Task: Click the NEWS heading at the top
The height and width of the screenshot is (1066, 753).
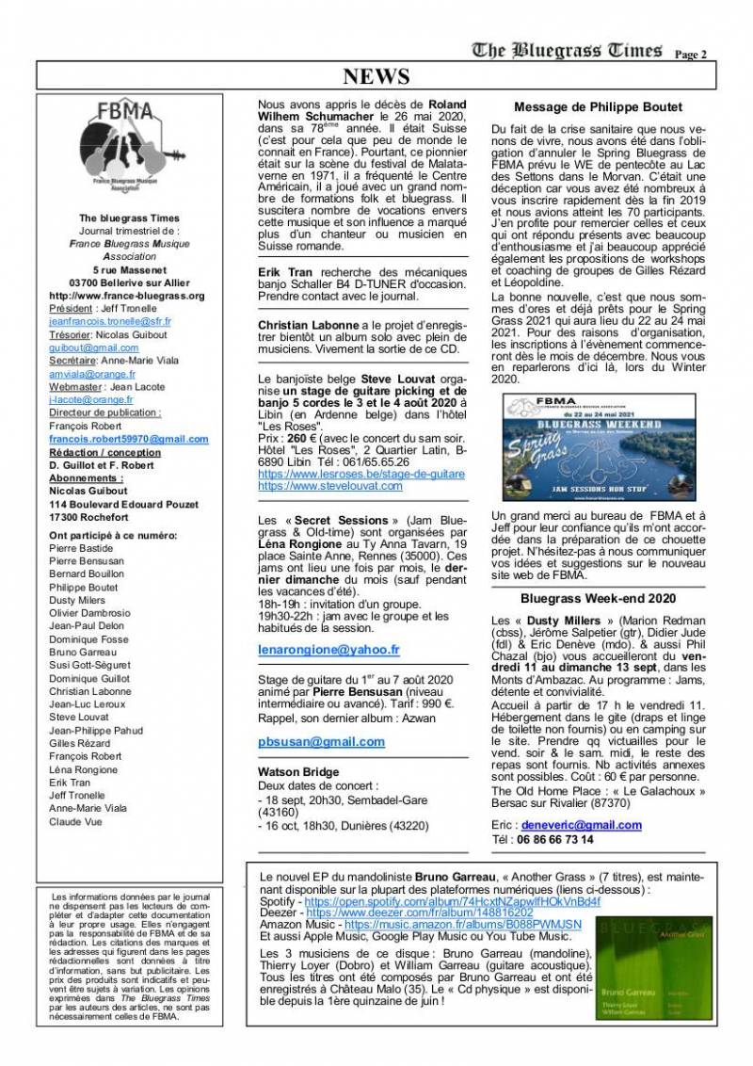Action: [x=376, y=77]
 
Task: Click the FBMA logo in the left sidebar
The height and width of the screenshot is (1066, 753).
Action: [x=130, y=150]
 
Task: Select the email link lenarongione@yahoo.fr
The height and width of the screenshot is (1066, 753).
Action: [x=328, y=649]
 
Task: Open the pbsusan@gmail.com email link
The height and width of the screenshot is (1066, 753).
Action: [x=321, y=741]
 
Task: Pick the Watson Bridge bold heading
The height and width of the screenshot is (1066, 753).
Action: [x=298, y=772]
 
